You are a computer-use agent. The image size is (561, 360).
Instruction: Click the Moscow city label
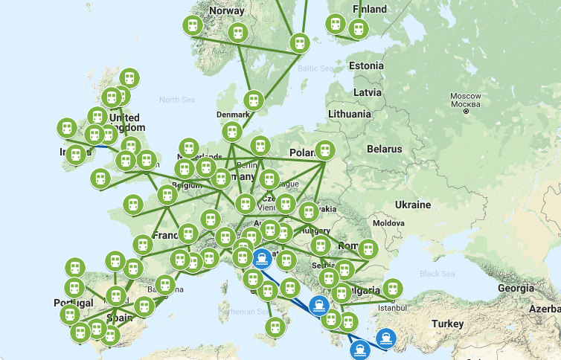coord(466,97)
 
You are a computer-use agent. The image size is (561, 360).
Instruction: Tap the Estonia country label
coord(365,65)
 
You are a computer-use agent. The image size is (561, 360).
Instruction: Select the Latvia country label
coord(368,92)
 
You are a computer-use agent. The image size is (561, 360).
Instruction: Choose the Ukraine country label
coord(412,205)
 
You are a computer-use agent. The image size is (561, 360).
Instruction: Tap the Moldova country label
coord(388,223)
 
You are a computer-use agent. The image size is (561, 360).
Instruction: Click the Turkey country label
coord(448,324)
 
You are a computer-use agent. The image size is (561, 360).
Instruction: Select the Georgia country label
coord(516,288)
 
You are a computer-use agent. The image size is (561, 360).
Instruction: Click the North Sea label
coord(176,99)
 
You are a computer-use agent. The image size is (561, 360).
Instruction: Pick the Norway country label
coord(227,10)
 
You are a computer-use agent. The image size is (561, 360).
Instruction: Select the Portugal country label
coord(73,303)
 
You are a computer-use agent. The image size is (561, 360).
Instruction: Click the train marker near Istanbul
coord(392,288)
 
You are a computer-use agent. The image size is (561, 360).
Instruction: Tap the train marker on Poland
coord(324,150)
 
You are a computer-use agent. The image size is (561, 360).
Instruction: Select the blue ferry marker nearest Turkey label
coord(385,338)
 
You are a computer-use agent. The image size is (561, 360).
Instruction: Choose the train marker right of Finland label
coord(359,29)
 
